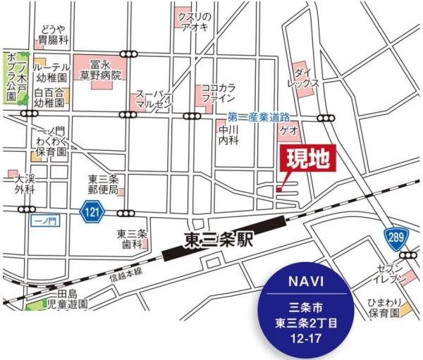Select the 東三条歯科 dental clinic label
pyautogui.click(x=130, y=240)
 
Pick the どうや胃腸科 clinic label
pyautogui.click(x=54, y=32)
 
